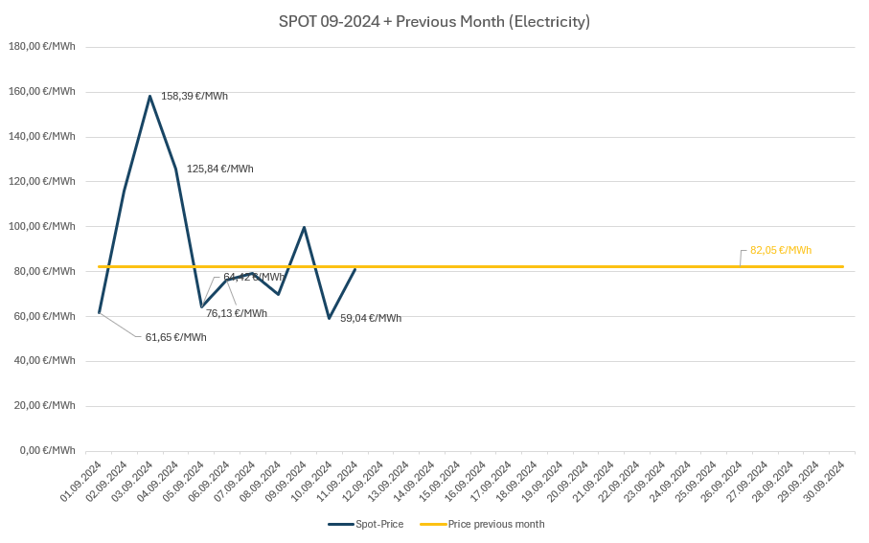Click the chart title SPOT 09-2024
[x=434, y=21]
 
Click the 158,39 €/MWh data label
[x=194, y=96]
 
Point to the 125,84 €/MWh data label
[x=219, y=169]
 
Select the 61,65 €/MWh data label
[x=175, y=337]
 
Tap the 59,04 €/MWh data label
[x=371, y=318]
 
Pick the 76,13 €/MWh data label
[x=237, y=313]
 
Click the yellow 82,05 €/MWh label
[x=781, y=250]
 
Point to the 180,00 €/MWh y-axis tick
[x=41, y=46]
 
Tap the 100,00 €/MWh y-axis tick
[x=41, y=226]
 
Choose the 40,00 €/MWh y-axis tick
[x=43, y=360]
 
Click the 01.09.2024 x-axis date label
[x=82, y=481]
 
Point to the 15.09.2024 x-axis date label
[x=442, y=481]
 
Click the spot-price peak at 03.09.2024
[x=150, y=96]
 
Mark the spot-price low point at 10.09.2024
[x=330, y=318]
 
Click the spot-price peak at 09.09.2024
[x=304, y=227]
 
